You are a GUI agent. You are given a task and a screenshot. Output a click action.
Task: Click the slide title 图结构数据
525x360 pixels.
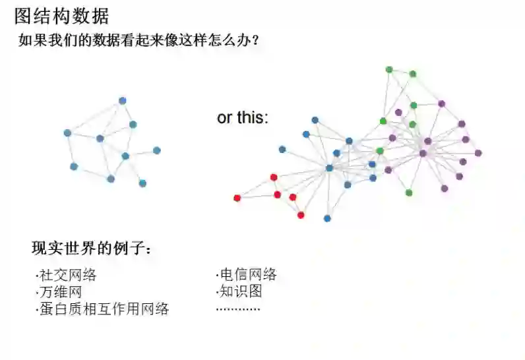point(62,15)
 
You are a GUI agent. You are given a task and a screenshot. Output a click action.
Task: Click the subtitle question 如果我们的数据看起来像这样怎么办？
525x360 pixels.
point(139,40)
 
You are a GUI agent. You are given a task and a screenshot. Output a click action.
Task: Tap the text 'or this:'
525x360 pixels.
point(243,118)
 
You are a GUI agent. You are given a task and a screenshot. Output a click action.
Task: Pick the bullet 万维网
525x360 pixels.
point(60,291)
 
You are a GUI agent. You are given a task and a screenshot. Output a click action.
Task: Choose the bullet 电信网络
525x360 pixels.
point(247,275)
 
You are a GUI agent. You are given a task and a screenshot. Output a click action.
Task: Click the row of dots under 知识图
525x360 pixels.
point(238,309)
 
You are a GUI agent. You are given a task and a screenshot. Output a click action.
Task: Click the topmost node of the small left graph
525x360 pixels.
point(122,101)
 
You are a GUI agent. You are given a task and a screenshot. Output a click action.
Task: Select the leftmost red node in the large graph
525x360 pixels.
point(237,198)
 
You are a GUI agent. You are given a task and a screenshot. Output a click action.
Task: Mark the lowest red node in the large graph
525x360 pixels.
point(301,215)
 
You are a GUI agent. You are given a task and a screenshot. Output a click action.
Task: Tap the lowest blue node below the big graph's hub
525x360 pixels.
point(327,218)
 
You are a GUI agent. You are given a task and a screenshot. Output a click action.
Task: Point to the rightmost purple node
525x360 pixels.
point(478,153)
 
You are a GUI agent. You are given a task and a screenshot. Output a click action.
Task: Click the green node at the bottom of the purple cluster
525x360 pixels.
point(409,193)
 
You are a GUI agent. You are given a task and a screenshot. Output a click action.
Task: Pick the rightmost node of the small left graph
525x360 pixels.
point(157,150)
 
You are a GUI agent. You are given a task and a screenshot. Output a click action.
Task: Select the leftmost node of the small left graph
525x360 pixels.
point(67,133)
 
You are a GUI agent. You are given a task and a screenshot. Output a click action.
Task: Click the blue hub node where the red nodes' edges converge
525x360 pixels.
point(329,168)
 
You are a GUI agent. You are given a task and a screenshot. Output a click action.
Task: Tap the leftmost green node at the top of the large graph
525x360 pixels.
point(389,69)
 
